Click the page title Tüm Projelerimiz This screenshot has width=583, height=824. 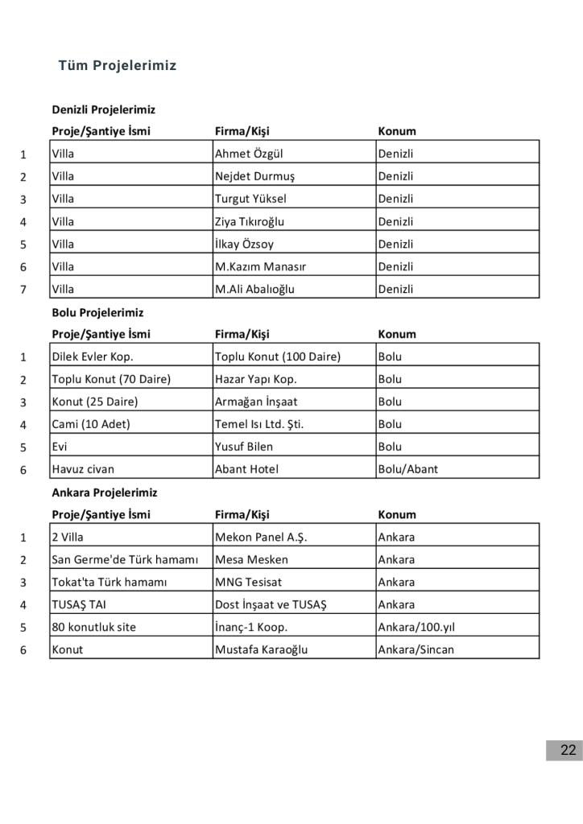pos(118,66)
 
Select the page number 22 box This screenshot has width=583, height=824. pos(568,751)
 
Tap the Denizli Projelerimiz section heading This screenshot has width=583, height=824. pos(103,109)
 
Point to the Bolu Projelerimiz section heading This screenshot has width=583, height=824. pos(97,312)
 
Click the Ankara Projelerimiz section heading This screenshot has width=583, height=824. pos(105,492)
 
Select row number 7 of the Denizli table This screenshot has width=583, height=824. pos(23,290)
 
